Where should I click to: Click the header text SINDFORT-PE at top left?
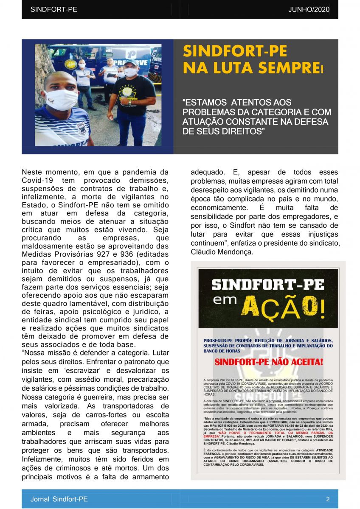point(53,9)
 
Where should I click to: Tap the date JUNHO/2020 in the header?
point(309,9)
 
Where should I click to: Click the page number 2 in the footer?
point(328,499)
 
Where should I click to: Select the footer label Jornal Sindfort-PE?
point(59,499)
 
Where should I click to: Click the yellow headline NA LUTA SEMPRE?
point(253,68)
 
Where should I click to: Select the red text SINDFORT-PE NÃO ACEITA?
point(268,362)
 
